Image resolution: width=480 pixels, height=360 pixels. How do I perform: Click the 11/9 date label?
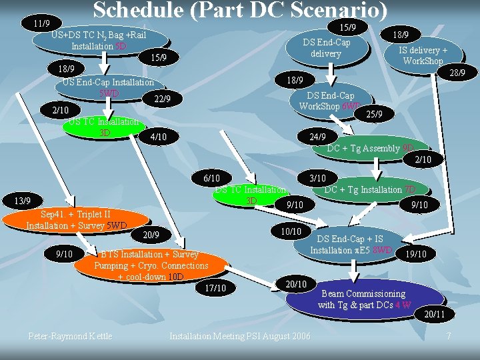click(41, 23)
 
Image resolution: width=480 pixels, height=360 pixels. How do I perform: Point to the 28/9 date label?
click(456, 72)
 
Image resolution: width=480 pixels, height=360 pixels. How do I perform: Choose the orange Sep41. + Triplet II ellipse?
click(75, 220)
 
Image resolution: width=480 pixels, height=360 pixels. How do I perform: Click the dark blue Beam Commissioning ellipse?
click(364, 299)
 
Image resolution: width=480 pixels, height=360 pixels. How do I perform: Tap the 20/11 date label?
click(430, 314)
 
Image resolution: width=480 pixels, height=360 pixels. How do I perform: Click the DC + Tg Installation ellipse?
click(371, 190)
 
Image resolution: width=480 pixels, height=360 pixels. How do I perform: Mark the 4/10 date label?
click(159, 137)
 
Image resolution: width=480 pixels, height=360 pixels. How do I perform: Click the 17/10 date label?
click(215, 288)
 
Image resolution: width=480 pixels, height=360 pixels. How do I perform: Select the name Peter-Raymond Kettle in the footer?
click(70, 335)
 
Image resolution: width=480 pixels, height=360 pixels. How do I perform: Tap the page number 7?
click(449, 335)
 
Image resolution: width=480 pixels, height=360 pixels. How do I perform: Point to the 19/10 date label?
click(415, 254)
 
